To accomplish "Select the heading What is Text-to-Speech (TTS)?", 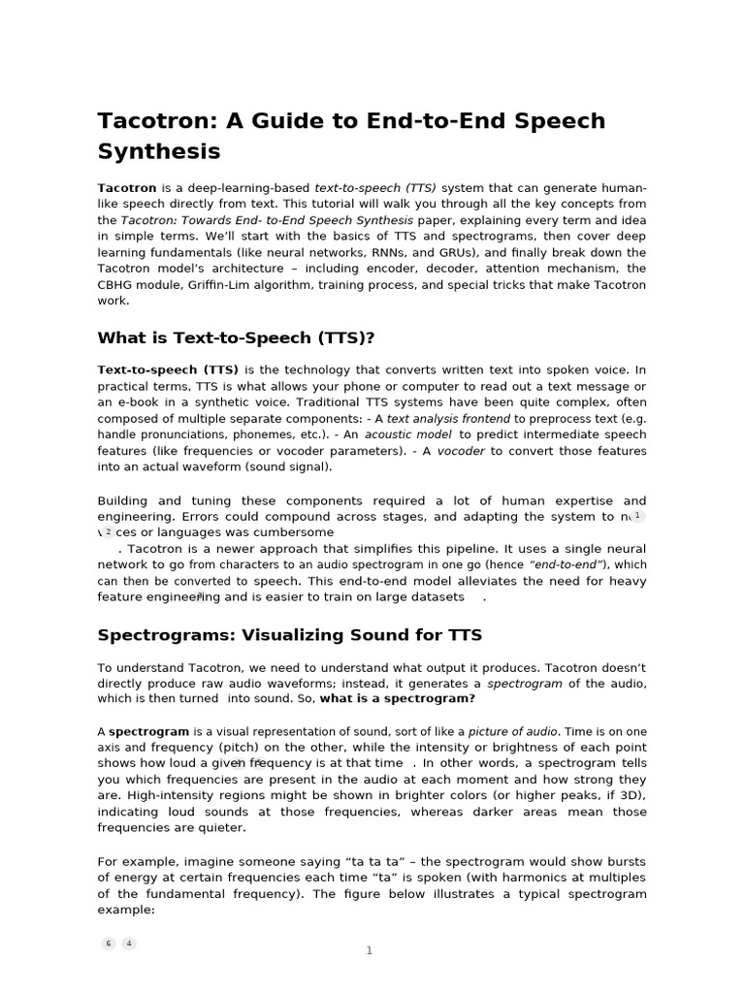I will pyautogui.click(x=236, y=337).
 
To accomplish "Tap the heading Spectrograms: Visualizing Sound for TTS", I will pyautogui.click(x=289, y=635).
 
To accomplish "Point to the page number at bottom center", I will pyautogui.click(x=369, y=950).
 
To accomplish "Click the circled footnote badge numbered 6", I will pyautogui.click(x=109, y=944).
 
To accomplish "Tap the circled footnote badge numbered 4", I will pyautogui.click(x=129, y=944).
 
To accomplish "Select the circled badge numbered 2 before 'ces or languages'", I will pyautogui.click(x=108, y=532).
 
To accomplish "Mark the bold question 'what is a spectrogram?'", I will pyautogui.click(x=398, y=699).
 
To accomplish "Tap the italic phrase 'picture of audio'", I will pyautogui.click(x=513, y=731).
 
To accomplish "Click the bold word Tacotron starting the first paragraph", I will pyautogui.click(x=126, y=187).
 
